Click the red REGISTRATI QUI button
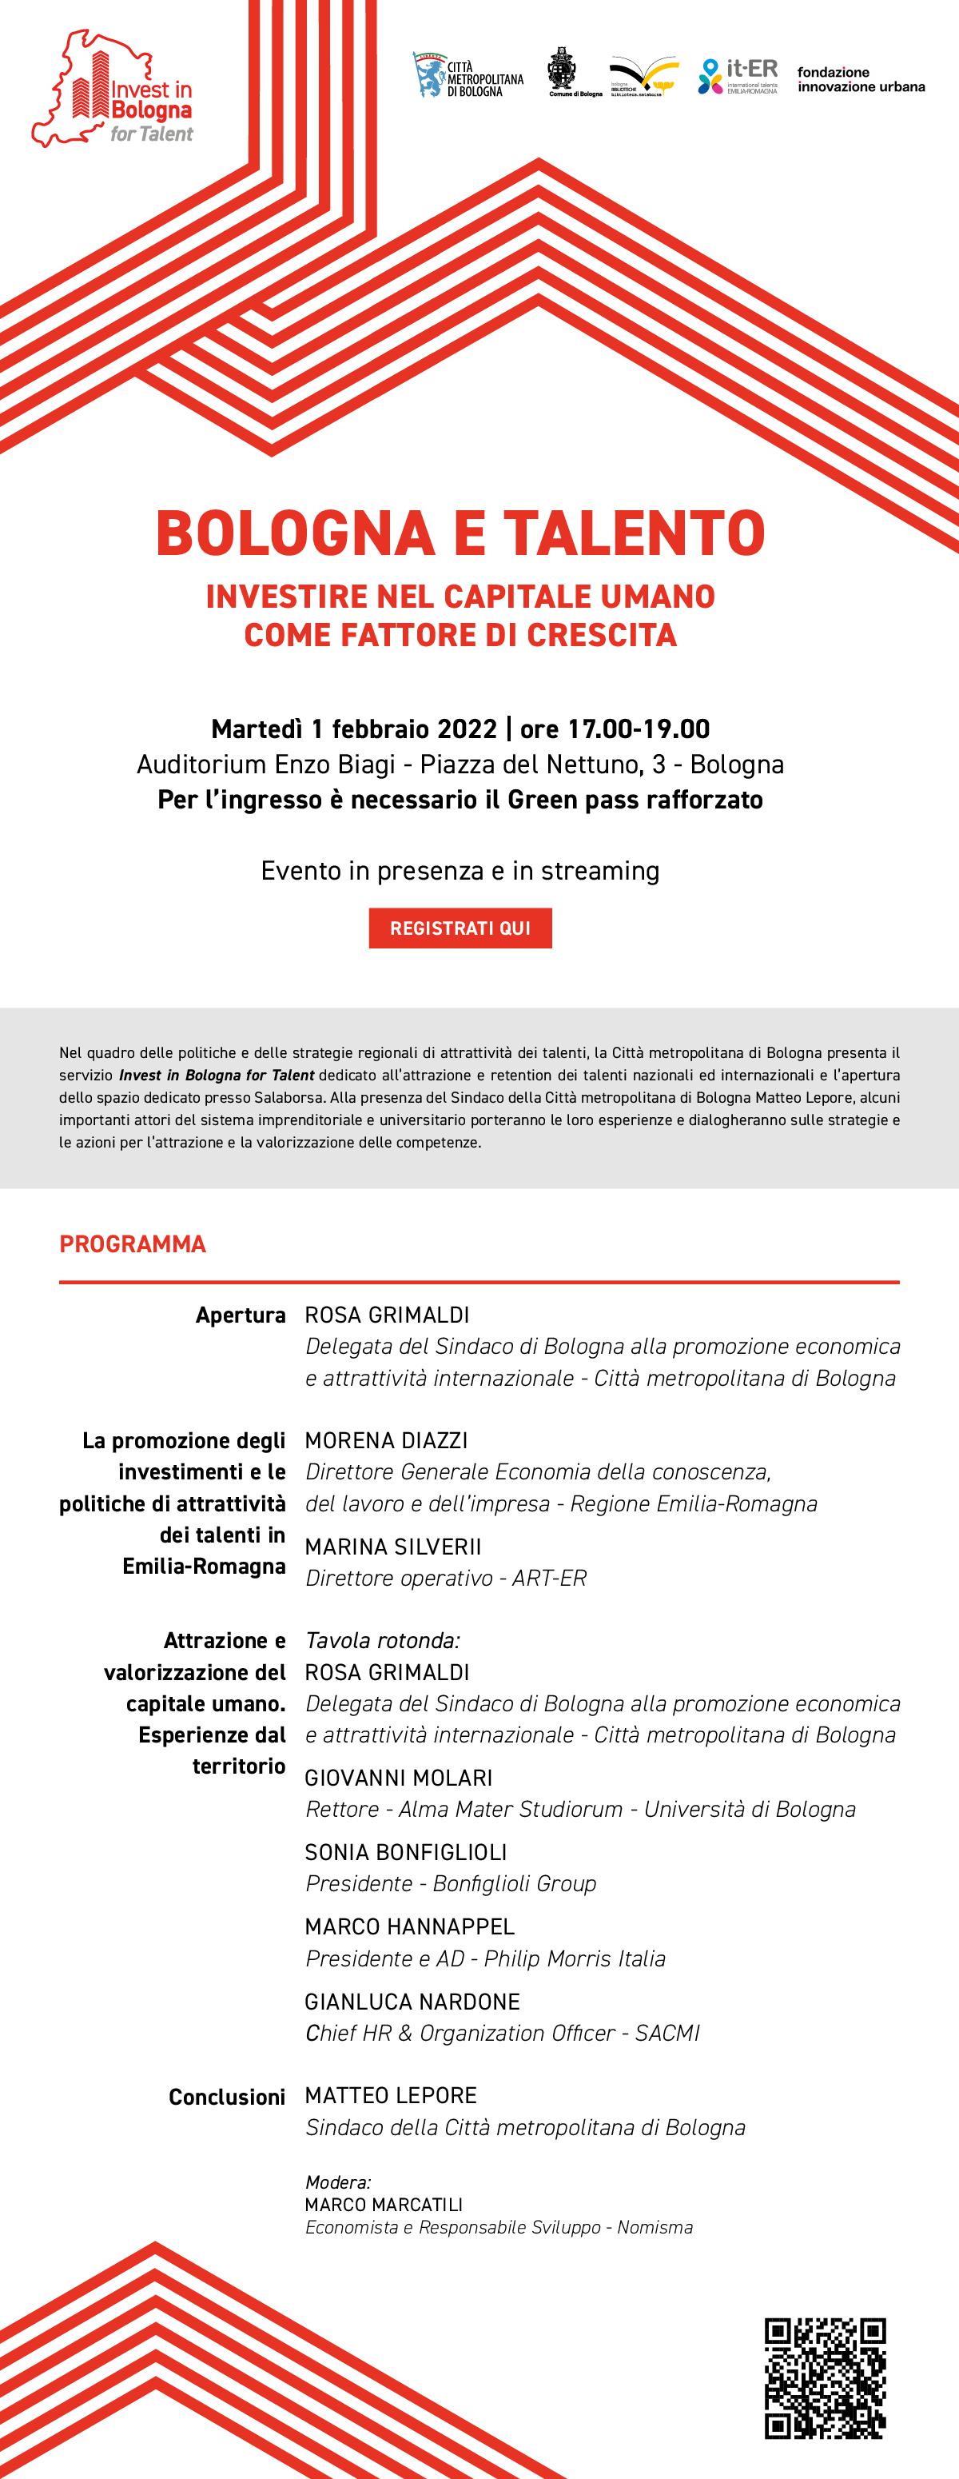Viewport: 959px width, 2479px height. point(460,928)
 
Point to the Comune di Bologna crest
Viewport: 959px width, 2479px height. point(561,70)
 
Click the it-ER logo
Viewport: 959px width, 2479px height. point(738,76)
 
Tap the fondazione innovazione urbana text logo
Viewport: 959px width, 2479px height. point(860,79)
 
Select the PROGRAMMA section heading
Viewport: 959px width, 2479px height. point(133,1243)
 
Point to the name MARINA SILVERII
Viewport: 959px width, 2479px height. point(392,1546)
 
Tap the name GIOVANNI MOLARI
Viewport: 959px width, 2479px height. point(398,1777)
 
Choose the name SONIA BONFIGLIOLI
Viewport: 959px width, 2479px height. point(405,1850)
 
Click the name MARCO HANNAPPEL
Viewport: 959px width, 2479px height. point(409,1926)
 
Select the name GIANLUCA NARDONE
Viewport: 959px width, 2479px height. point(412,2001)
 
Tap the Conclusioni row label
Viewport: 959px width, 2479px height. point(227,2096)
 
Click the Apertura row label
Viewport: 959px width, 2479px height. point(241,1315)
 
